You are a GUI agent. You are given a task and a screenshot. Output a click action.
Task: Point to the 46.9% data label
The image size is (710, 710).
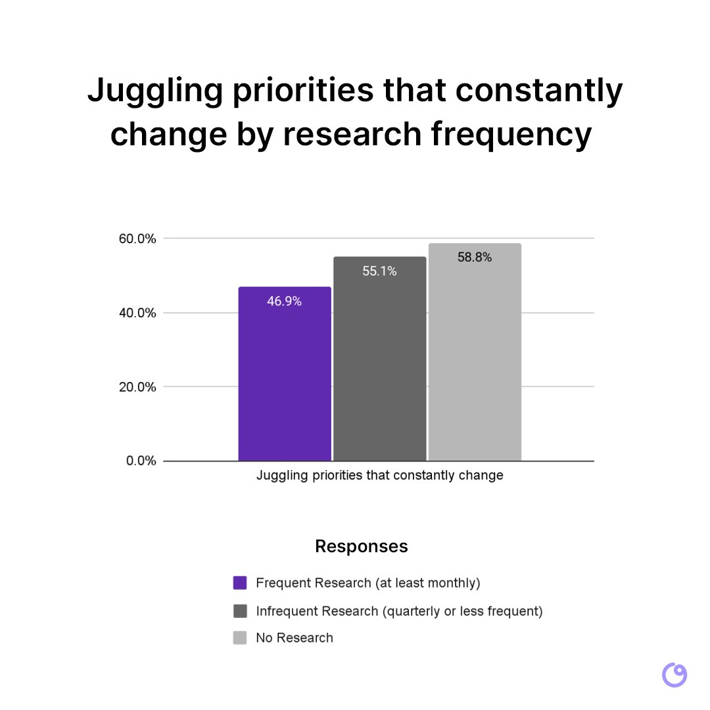coord(284,302)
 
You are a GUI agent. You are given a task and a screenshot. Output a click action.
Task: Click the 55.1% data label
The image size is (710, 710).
coord(379,271)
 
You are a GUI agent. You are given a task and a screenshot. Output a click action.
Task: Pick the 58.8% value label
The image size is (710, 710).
coord(475,258)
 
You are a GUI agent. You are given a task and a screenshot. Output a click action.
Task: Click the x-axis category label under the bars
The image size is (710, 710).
coord(379,475)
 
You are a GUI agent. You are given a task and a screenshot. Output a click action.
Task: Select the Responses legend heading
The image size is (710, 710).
coord(361,546)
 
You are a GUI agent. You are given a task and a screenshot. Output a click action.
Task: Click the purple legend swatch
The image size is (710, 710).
coord(240,582)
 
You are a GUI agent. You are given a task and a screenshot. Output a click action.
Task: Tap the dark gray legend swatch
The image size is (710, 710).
coord(240,611)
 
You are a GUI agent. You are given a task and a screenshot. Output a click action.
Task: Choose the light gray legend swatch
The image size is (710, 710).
coord(240,638)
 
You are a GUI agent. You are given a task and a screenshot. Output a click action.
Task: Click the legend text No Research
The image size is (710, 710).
coord(295,638)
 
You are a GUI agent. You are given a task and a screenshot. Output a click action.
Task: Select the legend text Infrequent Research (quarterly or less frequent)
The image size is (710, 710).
coord(399,611)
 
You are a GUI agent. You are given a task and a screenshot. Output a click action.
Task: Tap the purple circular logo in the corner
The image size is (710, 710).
coord(674,675)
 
